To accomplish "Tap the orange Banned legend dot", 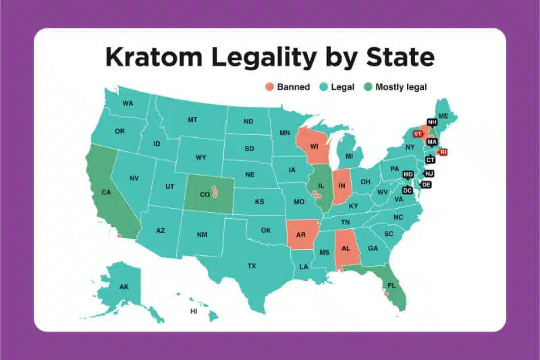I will pyautogui.click(x=269, y=87).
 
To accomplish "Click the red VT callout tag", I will pyautogui.click(x=417, y=134).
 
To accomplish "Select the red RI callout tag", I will pyautogui.click(x=443, y=152).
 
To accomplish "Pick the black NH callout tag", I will pyautogui.click(x=431, y=122).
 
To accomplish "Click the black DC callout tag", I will pyautogui.click(x=407, y=190).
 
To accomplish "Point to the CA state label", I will pyautogui.click(x=106, y=192).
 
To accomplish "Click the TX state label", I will pyautogui.click(x=252, y=266).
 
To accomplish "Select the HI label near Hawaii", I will pyautogui.click(x=194, y=311).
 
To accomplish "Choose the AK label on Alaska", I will pyautogui.click(x=124, y=287).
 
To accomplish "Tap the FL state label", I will pyautogui.click(x=391, y=286).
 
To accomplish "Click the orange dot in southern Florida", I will pyautogui.click(x=386, y=294).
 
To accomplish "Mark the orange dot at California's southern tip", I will pyautogui.click(x=119, y=236).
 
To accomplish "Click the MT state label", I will pyautogui.click(x=192, y=120).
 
